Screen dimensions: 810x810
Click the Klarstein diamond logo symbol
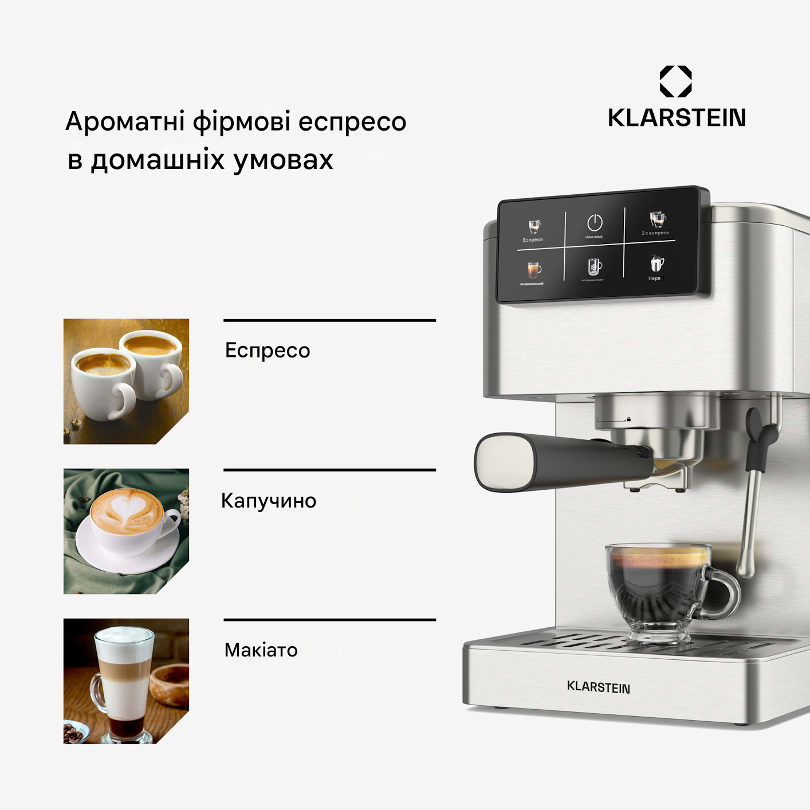[675, 81]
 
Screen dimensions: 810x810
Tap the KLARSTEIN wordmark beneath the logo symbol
[677, 118]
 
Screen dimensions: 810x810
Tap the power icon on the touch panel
[595, 222]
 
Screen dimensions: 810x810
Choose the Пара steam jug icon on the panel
[656, 264]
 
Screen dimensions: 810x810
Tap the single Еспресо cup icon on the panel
[534, 227]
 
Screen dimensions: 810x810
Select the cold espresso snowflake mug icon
[594, 266]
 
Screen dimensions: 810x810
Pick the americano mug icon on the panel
[534, 270]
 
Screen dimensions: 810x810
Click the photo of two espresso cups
[126, 381]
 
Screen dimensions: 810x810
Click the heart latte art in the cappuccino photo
[127, 510]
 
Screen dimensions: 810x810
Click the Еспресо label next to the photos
[268, 351]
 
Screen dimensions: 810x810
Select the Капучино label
[269, 501]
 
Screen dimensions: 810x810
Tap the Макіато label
[261, 650]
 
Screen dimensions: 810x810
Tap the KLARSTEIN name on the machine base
[598, 687]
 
